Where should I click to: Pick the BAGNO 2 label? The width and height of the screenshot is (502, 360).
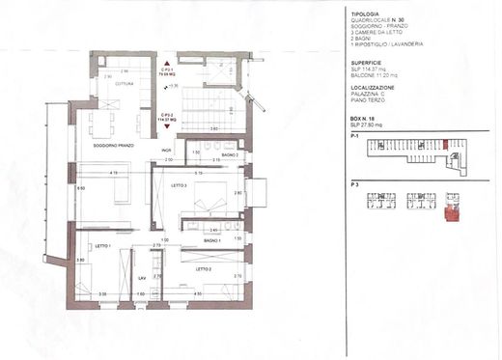[x=229, y=154]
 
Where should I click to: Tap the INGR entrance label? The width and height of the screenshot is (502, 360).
[x=166, y=151]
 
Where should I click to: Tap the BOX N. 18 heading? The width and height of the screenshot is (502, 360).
[x=368, y=114]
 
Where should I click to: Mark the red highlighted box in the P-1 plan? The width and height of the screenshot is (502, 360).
[x=444, y=146]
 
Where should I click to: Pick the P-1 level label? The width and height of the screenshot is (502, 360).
[x=356, y=137]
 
